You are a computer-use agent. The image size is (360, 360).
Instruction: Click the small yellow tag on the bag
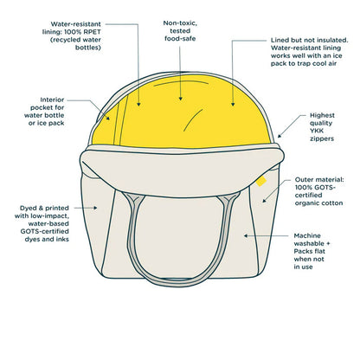tap(261, 181)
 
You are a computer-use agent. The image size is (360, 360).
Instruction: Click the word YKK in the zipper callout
tap(317, 131)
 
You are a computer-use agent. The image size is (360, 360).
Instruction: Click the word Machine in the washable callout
tap(307, 235)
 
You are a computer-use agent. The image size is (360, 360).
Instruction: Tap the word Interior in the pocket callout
tap(52, 100)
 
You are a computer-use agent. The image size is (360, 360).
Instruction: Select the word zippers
tap(322, 138)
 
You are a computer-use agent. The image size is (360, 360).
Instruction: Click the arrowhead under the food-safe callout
tap(181, 99)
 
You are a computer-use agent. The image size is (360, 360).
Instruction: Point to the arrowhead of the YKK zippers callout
tap(280, 136)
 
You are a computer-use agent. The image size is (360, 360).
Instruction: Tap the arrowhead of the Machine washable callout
tap(246, 235)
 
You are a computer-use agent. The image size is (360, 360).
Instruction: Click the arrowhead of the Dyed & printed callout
tap(95, 208)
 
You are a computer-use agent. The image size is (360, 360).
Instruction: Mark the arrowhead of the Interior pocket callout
tap(108, 118)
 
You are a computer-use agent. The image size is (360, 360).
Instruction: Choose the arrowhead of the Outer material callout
tap(264, 201)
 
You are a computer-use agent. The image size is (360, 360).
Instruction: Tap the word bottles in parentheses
tap(88, 48)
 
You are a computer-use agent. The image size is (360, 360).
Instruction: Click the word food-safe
tap(180, 39)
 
